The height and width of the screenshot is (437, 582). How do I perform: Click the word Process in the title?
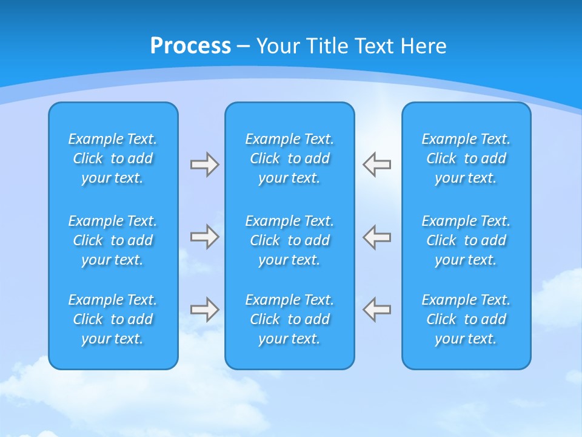point(190,46)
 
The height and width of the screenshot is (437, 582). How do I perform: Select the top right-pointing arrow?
point(205,164)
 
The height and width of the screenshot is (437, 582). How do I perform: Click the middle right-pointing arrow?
point(205,237)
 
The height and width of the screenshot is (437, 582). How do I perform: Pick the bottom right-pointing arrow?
point(205,310)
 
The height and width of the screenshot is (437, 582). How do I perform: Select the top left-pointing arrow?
point(376,164)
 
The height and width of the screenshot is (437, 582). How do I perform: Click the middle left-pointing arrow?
point(376,237)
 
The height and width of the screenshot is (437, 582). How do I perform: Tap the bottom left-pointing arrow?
point(376,310)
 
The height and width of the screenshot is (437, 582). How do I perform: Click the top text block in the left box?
point(113,158)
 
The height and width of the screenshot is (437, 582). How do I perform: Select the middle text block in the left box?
point(113,240)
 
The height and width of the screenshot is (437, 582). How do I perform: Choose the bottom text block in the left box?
point(113,319)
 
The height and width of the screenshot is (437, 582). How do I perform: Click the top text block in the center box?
point(289,158)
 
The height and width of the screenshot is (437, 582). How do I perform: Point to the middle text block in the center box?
point(289,240)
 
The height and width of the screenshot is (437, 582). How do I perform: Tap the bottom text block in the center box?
point(289,319)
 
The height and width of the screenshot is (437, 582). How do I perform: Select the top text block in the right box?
point(466,158)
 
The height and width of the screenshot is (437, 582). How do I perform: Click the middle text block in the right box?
point(466,240)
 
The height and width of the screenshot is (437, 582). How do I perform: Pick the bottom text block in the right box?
point(466,319)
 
